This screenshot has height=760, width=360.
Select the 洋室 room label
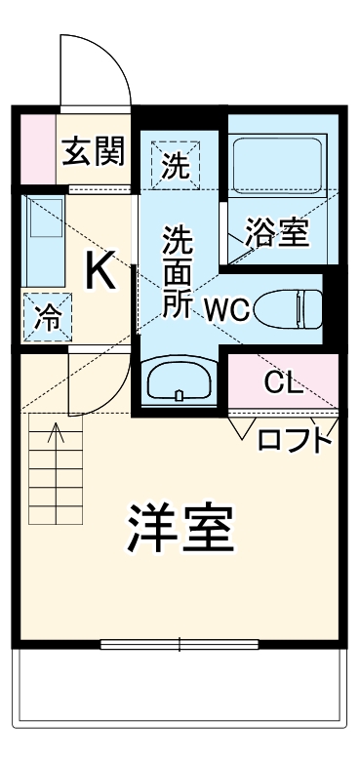(180, 528)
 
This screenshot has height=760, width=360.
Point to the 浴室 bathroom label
(276, 233)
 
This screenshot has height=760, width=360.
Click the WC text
(228, 311)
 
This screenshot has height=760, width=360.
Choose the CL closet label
(283, 381)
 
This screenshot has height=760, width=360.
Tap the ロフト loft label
(294, 441)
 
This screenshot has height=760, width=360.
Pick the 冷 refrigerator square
(46, 316)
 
